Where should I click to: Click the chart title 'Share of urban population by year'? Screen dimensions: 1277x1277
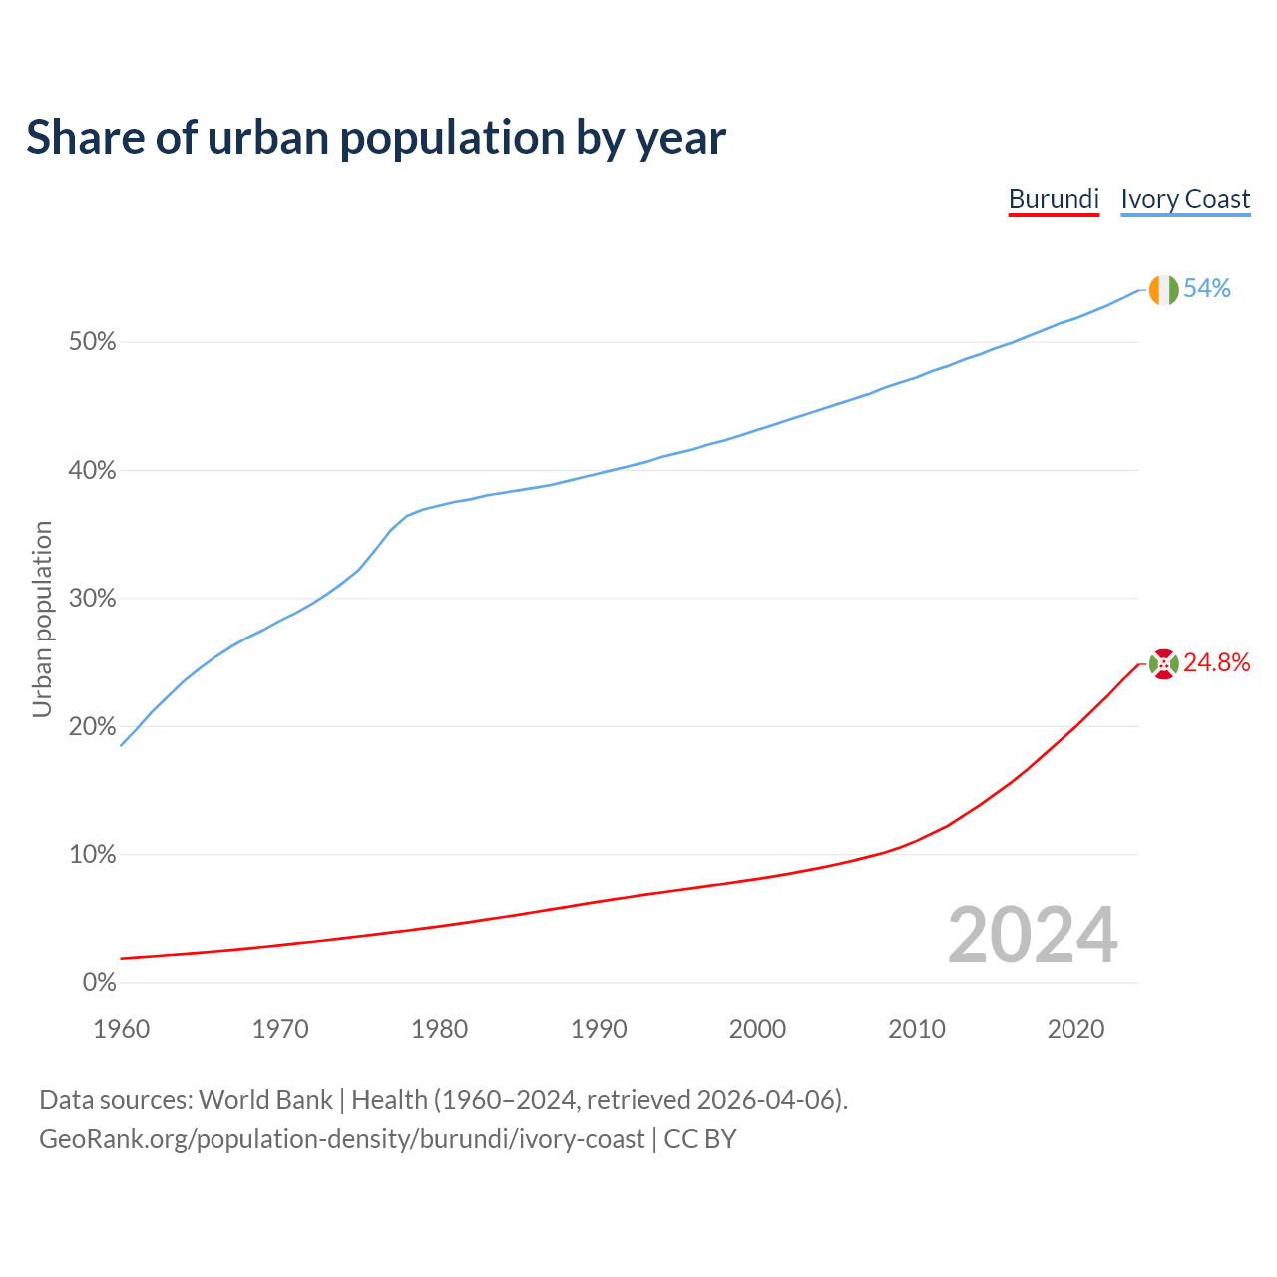pyautogui.click(x=376, y=138)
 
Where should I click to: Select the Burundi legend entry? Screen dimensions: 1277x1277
pyautogui.click(x=1054, y=199)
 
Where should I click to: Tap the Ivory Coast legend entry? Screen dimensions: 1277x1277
pyautogui.click(x=1185, y=199)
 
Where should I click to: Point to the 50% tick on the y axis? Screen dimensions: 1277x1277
pyautogui.click(x=92, y=342)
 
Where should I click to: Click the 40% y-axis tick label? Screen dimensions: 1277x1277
pyautogui.click(x=92, y=470)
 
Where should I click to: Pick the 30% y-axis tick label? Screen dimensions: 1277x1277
pyautogui.click(x=92, y=599)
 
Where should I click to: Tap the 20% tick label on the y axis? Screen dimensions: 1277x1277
pyautogui.click(x=92, y=726)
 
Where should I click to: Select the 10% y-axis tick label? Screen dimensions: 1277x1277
pyautogui.click(x=92, y=855)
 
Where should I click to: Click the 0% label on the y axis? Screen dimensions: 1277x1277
pyautogui.click(x=99, y=983)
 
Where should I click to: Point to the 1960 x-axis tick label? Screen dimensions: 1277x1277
pyautogui.click(x=121, y=1029)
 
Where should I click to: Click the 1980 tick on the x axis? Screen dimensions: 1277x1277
pyautogui.click(x=439, y=1029)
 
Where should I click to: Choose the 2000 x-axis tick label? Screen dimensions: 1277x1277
pyautogui.click(x=757, y=1029)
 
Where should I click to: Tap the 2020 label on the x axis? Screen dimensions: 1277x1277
pyautogui.click(x=1075, y=1029)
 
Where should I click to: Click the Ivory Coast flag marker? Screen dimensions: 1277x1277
pyautogui.click(x=1163, y=290)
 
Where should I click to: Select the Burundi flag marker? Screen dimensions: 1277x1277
pyautogui.click(x=1163, y=663)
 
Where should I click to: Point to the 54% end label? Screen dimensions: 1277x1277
pyautogui.click(x=1207, y=289)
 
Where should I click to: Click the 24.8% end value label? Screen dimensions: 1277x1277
pyautogui.click(x=1217, y=663)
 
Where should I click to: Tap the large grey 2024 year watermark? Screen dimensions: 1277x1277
pyautogui.click(x=1033, y=935)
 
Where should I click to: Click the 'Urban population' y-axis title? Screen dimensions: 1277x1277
pyautogui.click(x=42, y=619)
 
